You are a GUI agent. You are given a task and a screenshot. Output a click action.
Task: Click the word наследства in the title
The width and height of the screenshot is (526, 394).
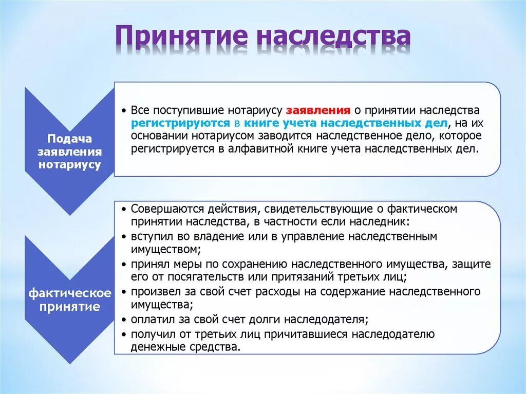(333, 39)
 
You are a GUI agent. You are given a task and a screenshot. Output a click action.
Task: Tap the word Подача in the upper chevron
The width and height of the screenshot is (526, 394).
(69, 139)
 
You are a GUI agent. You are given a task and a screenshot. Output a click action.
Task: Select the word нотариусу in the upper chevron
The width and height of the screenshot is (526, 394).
(69, 164)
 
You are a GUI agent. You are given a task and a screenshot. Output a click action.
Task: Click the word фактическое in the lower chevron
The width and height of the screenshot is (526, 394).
(70, 293)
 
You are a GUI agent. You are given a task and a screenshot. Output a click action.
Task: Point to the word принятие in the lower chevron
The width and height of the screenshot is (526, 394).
(70, 307)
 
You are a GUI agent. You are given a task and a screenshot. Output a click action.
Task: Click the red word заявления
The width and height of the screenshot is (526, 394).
(318, 111)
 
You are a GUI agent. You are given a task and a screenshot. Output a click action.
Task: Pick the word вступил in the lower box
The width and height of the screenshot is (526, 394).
(148, 237)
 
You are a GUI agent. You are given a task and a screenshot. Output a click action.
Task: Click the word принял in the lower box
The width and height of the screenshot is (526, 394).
(146, 264)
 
